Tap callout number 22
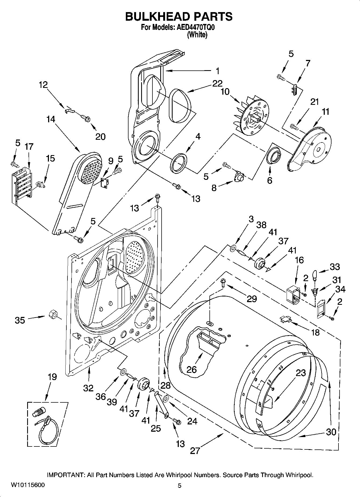[x=217, y=84]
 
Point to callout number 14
[x=51, y=119]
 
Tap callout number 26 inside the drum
[x=192, y=369]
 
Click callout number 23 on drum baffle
[x=301, y=373]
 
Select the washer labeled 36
[x=123, y=372]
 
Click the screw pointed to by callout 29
[x=223, y=282]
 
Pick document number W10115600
[x=28, y=485]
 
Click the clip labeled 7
[x=295, y=88]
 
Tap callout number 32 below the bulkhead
[x=88, y=388]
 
